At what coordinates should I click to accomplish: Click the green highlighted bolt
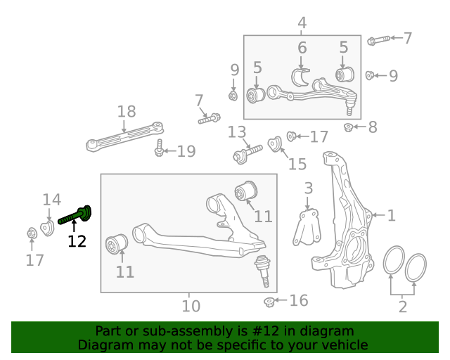[75, 215]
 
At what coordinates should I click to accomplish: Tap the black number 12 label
[77, 242]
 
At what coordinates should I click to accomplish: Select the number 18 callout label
[127, 111]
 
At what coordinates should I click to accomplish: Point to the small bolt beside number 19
[160, 150]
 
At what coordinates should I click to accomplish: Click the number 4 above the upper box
[302, 23]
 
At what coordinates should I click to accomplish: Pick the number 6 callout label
[302, 49]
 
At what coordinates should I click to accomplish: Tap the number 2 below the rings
[402, 306]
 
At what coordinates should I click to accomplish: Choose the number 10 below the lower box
[191, 306]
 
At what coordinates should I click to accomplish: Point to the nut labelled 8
[348, 127]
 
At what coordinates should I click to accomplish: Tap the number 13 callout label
[237, 131]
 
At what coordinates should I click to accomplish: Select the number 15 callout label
[297, 164]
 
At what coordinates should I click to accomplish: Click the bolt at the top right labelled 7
[375, 39]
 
